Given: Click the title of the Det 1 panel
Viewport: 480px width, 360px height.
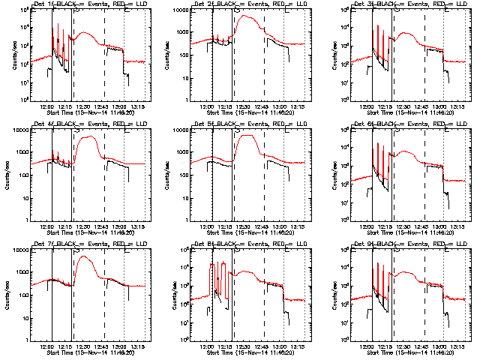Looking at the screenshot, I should tap(87, 5).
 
